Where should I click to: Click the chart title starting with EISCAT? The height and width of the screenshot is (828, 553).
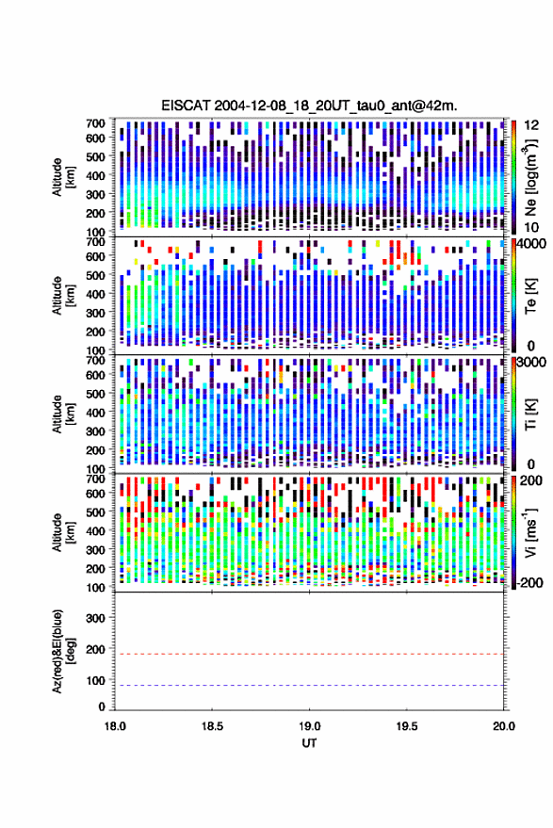pos(310,106)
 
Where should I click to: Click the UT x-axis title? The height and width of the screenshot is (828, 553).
pos(309,743)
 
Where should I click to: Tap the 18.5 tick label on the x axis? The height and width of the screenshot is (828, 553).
pos(212,726)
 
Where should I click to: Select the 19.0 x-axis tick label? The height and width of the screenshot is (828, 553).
pos(309,726)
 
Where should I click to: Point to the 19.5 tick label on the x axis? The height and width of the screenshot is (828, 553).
pos(406,726)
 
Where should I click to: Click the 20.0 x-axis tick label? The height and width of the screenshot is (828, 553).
pos(504,726)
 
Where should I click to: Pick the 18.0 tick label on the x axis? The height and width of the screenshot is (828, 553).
pos(115,726)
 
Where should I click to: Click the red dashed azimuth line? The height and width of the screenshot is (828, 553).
pos(309,654)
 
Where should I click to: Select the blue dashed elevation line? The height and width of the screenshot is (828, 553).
pos(309,685)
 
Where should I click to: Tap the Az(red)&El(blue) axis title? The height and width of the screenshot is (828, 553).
pos(63,652)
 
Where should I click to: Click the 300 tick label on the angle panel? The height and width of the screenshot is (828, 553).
pos(95,618)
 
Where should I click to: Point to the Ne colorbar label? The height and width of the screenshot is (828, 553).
pos(530,178)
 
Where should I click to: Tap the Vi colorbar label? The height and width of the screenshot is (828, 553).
pos(530,533)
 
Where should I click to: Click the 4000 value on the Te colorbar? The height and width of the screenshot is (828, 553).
pos(532,245)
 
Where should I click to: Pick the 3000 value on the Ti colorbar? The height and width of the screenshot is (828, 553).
pos(532,363)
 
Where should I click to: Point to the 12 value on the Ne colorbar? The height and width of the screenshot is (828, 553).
pos(531,125)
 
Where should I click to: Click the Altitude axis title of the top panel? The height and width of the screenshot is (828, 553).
pos(63,177)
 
